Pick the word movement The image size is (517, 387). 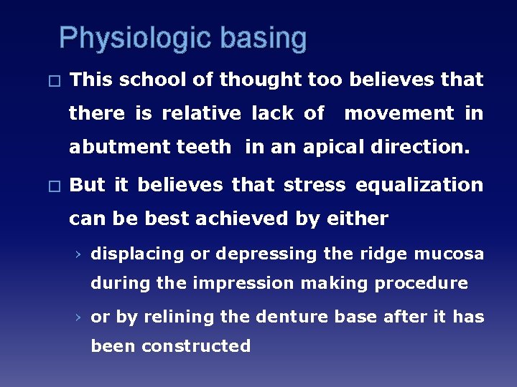pos(399,113)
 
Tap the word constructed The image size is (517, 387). pos(196,346)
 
